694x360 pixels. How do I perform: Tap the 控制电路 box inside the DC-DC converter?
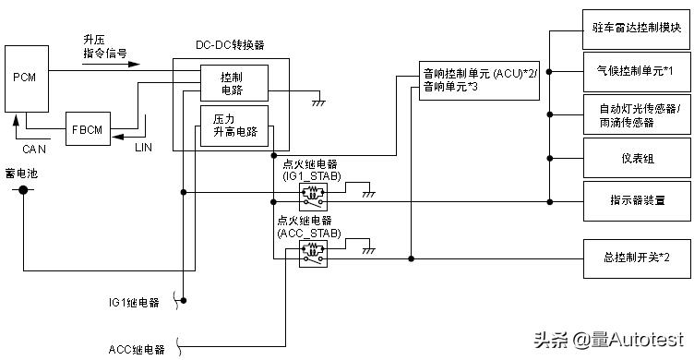[233, 81]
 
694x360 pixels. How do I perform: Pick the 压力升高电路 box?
[233, 125]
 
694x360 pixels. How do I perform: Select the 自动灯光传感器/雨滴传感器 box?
[637, 114]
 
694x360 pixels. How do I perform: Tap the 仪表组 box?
[637, 158]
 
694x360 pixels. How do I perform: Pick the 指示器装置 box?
[637, 198]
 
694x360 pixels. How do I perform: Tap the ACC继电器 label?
[136, 349]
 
